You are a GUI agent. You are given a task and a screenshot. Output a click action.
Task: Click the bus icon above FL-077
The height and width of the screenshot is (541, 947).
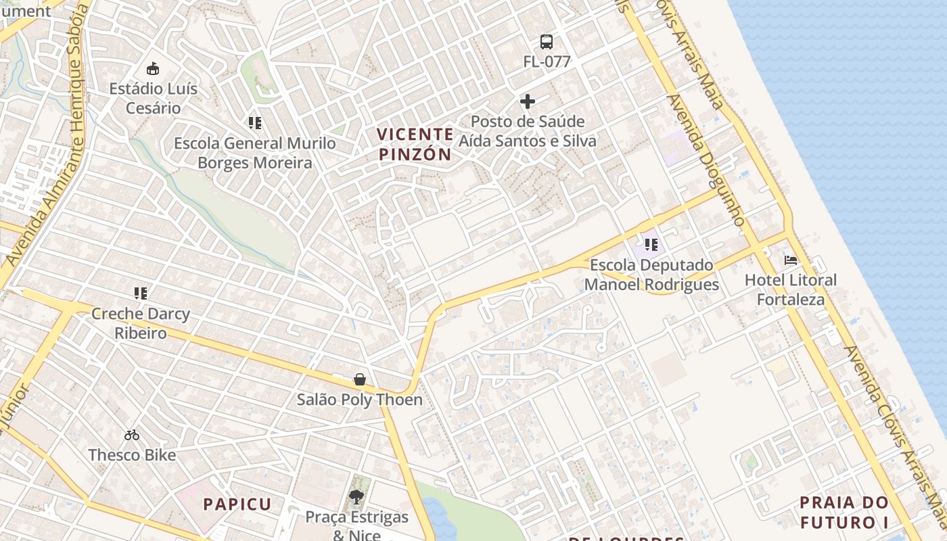(x=546, y=42)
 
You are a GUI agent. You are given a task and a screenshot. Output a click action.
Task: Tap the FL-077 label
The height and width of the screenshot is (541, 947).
(x=547, y=62)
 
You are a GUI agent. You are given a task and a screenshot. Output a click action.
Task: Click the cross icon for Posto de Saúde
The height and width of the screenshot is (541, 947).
(x=528, y=101)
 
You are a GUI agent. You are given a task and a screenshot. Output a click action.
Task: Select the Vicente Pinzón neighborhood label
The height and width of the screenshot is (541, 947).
(x=415, y=144)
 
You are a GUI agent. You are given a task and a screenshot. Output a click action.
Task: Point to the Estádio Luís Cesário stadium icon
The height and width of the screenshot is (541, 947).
(x=153, y=68)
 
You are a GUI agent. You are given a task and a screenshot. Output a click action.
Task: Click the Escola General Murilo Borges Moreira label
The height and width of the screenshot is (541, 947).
(x=254, y=153)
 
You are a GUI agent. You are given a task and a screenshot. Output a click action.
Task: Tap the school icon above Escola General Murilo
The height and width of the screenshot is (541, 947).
(x=254, y=123)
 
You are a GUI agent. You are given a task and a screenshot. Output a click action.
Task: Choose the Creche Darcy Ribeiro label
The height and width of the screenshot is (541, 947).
(x=141, y=323)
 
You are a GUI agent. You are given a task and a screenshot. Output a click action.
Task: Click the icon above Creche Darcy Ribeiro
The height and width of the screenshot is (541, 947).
(x=141, y=293)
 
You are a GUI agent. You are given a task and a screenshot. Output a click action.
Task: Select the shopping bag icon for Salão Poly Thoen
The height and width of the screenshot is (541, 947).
(x=360, y=379)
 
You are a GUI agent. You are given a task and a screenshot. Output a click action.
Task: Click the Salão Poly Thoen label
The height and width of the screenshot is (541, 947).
(x=360, y=400)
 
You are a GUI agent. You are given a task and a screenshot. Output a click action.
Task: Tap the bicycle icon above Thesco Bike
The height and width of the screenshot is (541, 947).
(x=132, y=435)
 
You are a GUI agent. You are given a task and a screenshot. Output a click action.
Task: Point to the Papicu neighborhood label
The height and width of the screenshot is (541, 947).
(x=237, y=504)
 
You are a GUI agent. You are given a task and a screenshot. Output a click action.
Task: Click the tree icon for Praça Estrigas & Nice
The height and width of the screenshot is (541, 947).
(x=356, y=498)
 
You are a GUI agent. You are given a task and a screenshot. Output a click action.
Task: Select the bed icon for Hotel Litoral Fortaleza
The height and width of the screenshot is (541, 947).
(x=790, y=260)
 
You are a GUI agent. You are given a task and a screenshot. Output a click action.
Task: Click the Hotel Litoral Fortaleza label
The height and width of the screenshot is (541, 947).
(x=790, y=289)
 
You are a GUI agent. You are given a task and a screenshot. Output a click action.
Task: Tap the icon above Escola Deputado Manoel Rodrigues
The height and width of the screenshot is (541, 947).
(x=651, y=244)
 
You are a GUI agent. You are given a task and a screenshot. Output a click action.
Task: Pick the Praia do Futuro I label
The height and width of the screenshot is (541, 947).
(x=844, y=513)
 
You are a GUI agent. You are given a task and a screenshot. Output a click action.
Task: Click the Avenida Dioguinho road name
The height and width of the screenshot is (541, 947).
(x=706, y=160)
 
